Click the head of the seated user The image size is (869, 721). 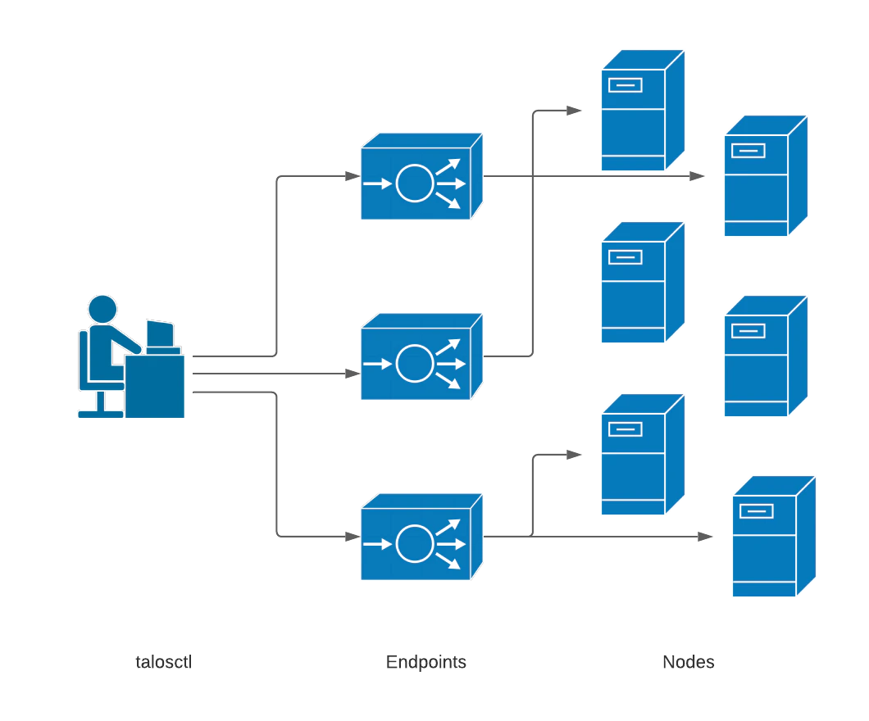pyautogui.click(x=102, y=310)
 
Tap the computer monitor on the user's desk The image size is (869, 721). pyautogui.click(x=160, y=333)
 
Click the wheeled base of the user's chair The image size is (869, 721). pyautogui.click(x=99, y=409)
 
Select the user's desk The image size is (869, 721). pyautogui.click(x=157, y=385)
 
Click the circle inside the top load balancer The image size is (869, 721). pyautogui.click(x=414, y=184)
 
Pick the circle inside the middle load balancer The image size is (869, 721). pyautogui.click(x=414, y=362)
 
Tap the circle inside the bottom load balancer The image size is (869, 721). pyautogui.click(x=414, y=543)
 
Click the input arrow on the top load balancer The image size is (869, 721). pyautogui.click(x=377, y=184)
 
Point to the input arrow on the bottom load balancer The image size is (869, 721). pyautogui.click(x=377, y=543)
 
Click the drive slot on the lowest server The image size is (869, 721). pyautogui.click(x=756, y=510)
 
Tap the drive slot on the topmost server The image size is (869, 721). pyautogui.click(x=625, y=84)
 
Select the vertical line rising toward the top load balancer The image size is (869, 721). pyautogui.click(x=280, y=262)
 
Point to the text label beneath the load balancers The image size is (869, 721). pyautogui.click(x=429, y=660)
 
